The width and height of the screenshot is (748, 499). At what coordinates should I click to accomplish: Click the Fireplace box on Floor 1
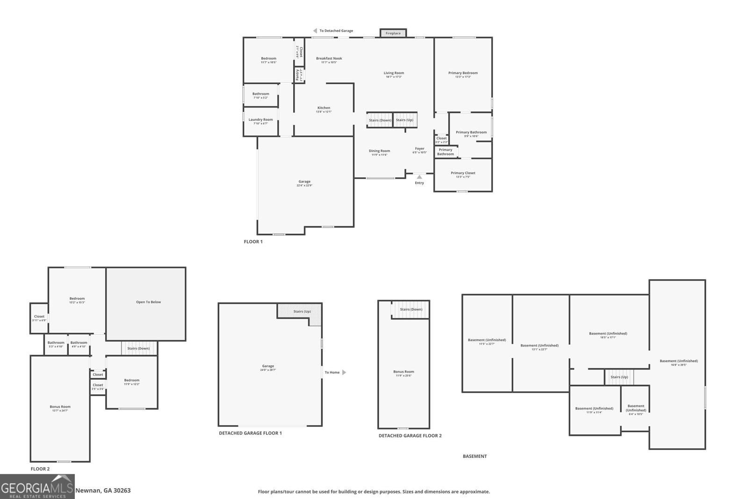[x=393, y=33]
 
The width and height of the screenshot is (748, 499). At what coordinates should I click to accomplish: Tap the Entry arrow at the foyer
[x=419, y=177]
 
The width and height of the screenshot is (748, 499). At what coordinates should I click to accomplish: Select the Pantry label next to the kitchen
[x=297, y=75]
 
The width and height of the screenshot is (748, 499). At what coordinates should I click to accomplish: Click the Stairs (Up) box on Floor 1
[x=404, y=120]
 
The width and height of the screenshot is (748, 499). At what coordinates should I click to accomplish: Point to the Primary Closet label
[x=463, y=173]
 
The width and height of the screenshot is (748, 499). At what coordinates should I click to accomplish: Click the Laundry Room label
[x=260, y=120]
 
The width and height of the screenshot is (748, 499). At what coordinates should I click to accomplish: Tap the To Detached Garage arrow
[x=315, y=31]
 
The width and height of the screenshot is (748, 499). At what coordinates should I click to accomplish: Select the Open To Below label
[x=148, y=302]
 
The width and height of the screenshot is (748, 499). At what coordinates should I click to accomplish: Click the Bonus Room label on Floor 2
[x=60, y=407]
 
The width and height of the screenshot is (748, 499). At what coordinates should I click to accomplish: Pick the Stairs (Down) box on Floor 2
[x=139, y=348]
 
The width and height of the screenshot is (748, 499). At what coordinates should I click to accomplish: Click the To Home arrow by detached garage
[x=344, y=372]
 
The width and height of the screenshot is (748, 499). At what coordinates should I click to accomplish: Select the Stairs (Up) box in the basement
[x=619, y=377]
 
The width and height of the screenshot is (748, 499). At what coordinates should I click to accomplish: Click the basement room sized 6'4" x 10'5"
[x=636, y=408]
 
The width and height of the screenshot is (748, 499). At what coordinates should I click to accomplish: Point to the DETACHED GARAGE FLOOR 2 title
[x=410, y=435]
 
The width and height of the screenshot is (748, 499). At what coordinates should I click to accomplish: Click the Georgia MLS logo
[x=37, y=486]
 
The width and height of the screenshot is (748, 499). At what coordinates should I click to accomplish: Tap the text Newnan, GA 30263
[x=103, y=491]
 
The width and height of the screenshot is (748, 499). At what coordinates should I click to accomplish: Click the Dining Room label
[x=379, y=151]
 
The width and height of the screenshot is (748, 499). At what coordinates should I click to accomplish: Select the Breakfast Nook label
[x=329, y=58]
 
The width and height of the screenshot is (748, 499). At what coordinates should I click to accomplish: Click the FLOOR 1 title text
[x=253, y=242]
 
